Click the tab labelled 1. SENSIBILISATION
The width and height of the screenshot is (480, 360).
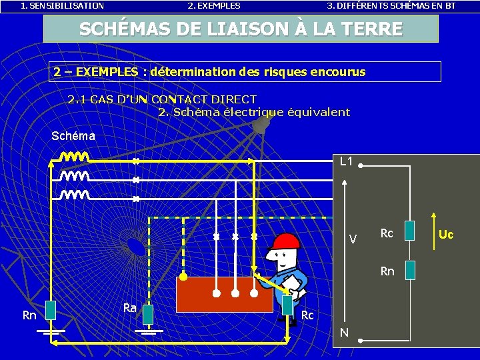point(62,5)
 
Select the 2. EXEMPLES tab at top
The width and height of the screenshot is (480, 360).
point(214,5)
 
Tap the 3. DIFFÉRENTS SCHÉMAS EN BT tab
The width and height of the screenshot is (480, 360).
point(391,5)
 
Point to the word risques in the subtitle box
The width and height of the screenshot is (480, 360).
point(287,71)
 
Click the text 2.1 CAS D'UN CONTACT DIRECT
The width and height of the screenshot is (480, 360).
point(162,99)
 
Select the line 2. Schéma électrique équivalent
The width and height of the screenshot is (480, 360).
point(253,112)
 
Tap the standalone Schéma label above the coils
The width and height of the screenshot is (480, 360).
point(73,136)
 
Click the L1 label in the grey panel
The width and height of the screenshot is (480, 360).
point(346,161)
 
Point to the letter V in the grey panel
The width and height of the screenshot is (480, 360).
point(353,239)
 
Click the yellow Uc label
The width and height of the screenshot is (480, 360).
point(446,235)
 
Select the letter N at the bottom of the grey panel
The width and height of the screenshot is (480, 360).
point(344,331)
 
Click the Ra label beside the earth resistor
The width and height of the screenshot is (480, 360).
point(130,307)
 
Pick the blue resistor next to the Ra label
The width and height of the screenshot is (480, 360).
point(148,313)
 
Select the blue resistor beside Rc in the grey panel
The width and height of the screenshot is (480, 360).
point(409,231)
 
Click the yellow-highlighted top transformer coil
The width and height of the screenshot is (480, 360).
point(75,159)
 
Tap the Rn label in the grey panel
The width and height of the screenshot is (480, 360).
point(387,271)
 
